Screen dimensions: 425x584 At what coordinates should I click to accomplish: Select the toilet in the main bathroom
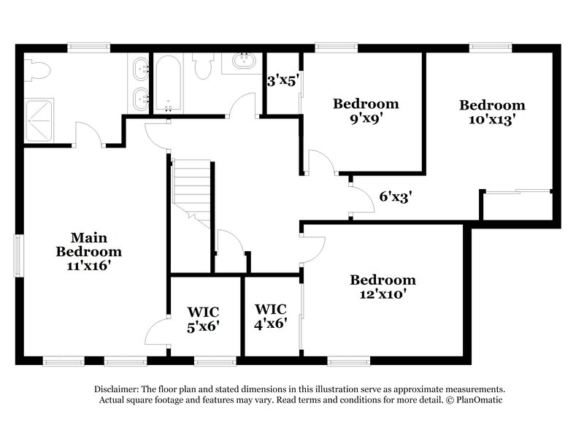coord(38,71)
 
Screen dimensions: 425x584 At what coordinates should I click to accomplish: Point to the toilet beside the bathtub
coord(205,67)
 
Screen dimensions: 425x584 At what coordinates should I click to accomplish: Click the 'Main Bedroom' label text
coord(88,245)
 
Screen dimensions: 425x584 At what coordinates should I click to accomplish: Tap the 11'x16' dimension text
coord(88,266)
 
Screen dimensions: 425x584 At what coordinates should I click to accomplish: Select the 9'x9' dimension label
coord(365,118)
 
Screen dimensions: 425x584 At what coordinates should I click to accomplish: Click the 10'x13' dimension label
coord(491,120)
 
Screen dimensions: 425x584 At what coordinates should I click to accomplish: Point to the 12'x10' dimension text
coord(383,294)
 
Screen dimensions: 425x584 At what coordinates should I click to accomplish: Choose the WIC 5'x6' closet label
coord(204,318)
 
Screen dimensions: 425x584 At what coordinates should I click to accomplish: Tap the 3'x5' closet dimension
coord(282,81)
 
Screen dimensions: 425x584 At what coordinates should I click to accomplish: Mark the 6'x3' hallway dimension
coord(397,196)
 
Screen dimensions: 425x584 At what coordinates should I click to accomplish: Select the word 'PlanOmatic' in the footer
coord(481,400)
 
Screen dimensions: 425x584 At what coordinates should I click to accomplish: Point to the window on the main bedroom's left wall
coord(20,256)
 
